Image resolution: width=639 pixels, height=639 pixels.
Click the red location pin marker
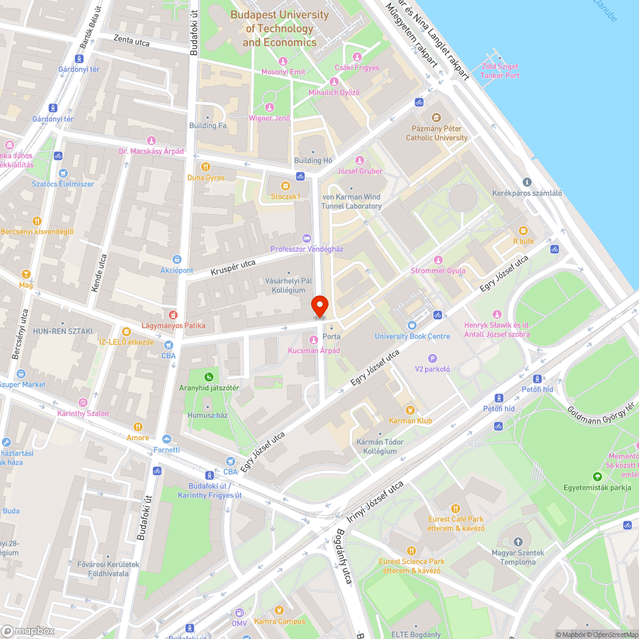point(319,306)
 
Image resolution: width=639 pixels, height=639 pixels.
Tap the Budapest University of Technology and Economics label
point(280,29)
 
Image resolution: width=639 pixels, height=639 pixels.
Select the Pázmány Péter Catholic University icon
point(436,118)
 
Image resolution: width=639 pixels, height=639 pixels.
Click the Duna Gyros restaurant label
point(206,177)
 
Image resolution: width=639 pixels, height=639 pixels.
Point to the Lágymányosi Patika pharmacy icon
point(171,314)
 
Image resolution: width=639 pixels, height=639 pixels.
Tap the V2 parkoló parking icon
point(433,358)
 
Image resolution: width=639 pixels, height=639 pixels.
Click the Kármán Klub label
point(410,420)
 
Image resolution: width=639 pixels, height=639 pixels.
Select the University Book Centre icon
point(412,325)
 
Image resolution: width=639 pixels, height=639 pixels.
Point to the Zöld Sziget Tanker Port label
point(500,71)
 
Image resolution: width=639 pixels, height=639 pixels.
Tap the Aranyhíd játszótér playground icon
point(209,376)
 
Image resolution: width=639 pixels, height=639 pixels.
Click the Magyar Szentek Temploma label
point(518,557)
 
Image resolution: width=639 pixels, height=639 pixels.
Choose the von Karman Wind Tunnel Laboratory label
point(351,201)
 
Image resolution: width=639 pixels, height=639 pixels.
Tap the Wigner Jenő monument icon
point(270,107)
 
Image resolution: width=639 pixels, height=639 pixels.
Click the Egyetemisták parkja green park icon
point(597,476)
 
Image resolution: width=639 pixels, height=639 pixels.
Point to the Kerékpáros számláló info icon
point(527,182)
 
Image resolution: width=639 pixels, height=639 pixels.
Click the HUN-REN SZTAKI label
point(63,331)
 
